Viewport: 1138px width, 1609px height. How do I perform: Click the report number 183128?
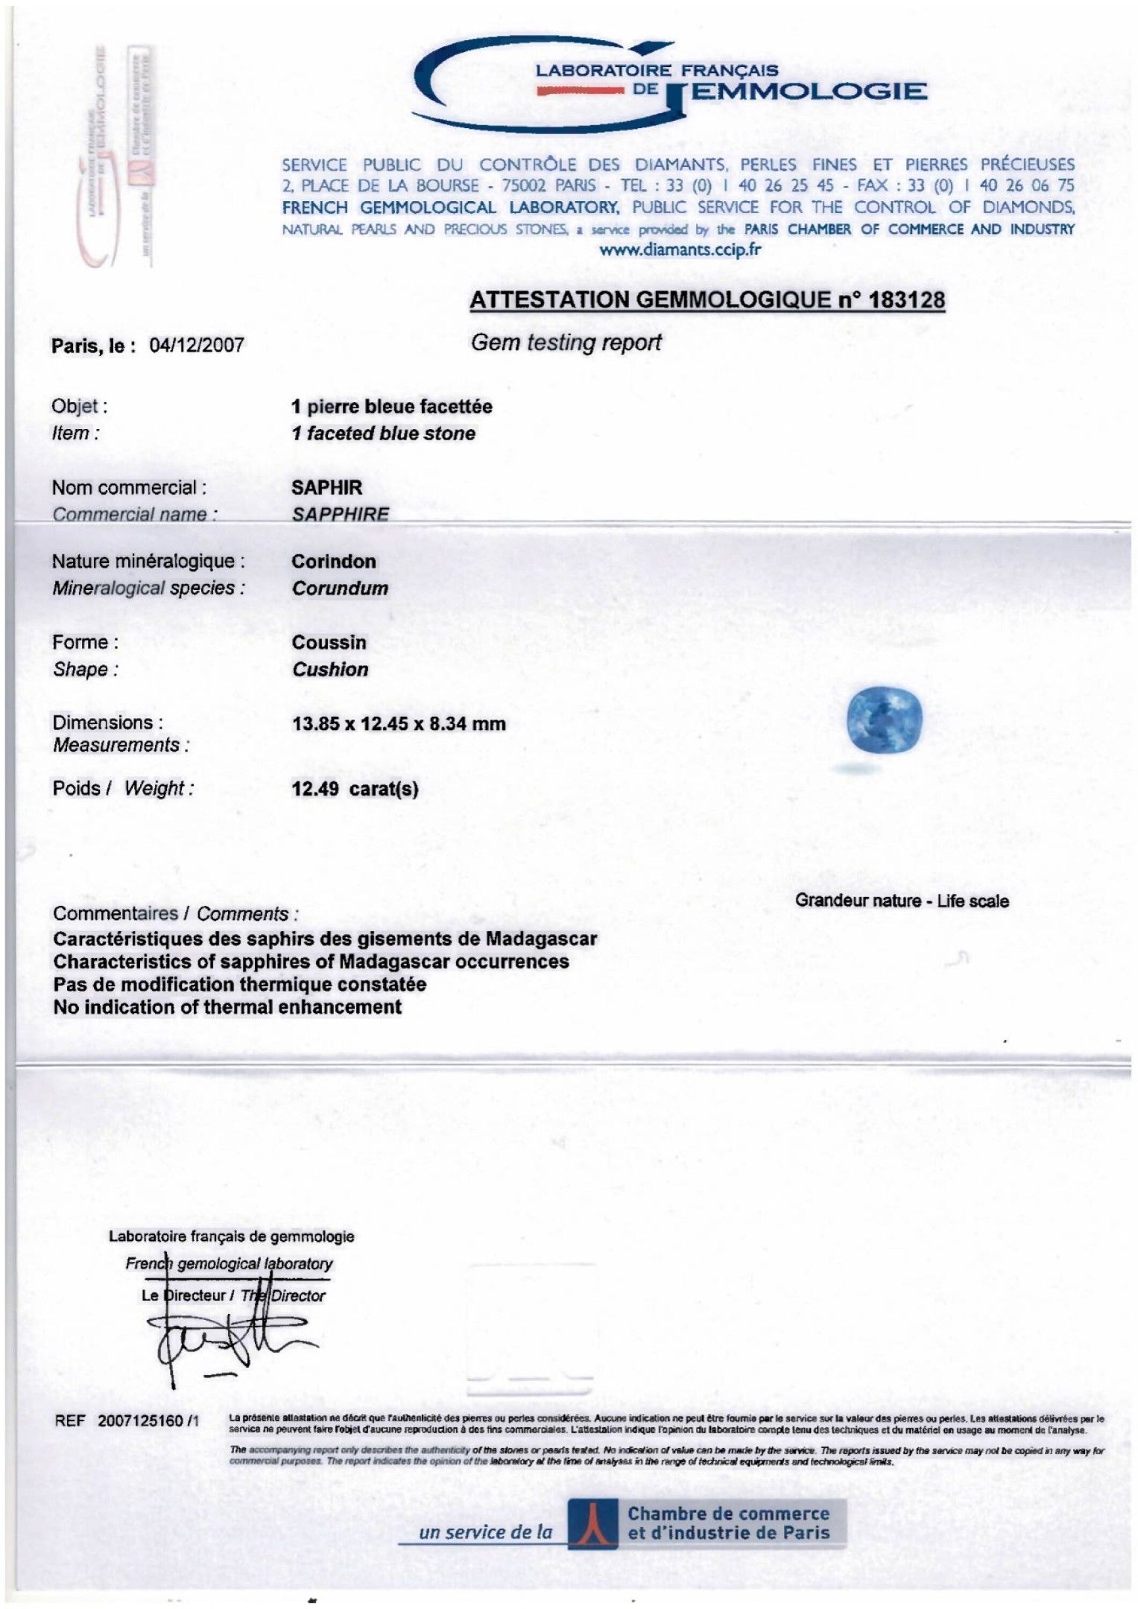click(906, 300)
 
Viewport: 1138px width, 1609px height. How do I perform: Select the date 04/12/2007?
click(197, 345)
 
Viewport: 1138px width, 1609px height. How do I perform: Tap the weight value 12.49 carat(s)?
click(355, 788)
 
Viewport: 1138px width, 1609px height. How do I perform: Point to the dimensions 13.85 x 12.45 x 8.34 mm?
click(399, 723)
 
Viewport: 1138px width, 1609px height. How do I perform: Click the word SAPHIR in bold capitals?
click(326, 488)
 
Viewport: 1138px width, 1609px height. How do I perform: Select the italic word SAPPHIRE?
click(340, 514)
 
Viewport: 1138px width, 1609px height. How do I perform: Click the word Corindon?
click(334, 562)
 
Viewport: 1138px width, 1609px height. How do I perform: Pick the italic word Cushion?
click(330, 669)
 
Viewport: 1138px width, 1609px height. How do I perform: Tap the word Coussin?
click(329, 642)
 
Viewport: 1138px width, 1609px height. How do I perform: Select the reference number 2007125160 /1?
click(148, 1421)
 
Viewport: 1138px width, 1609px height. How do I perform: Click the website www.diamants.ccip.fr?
click(680, 250)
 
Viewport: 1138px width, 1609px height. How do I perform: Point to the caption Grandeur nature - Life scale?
click(902, 901)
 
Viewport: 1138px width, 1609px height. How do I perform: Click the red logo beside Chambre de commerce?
click(592, 1524)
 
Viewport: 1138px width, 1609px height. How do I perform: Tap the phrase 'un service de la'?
click(486, 1532)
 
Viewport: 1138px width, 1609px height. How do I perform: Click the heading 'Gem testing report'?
click(566, 343)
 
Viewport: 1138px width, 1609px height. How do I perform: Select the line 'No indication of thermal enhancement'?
click(227, 1007)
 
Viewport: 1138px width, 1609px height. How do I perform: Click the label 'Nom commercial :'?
click(129, 488)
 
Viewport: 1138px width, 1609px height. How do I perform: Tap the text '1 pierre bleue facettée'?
click(392, 407)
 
